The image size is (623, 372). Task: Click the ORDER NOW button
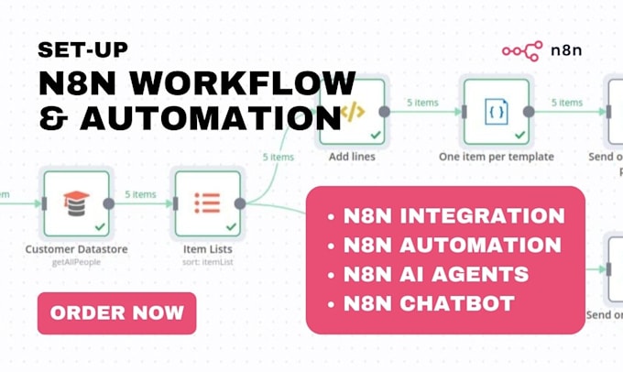(116, 313)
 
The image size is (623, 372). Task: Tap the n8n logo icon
(521, 52)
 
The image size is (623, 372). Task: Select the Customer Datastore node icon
(76, 203)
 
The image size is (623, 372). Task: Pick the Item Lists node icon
(206, 203)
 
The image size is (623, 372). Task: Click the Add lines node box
(351, 113)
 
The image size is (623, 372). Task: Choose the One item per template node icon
(495, 113)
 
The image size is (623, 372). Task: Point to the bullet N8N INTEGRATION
(454, 216)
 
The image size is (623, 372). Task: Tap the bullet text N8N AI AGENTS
(435, 274)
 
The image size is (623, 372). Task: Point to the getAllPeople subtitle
(76, 262)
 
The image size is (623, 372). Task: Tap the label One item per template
(496, 157)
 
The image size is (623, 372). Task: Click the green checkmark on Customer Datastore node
(99, 225)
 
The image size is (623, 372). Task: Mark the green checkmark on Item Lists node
(230, 225)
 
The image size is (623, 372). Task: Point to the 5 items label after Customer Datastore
(141, 194)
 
